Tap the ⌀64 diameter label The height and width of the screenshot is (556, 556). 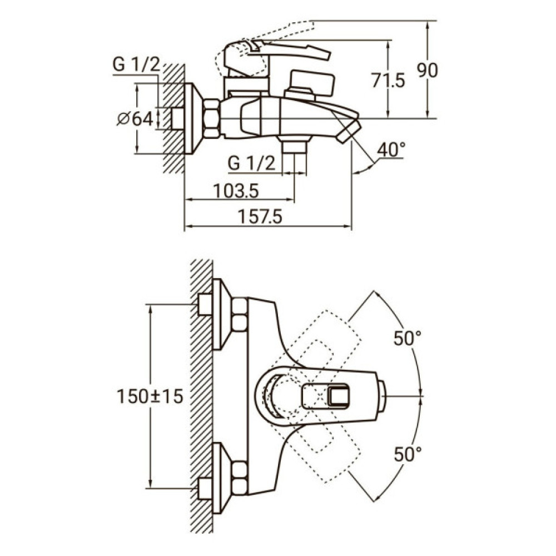point(135,118)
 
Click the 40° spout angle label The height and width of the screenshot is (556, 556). point(391,150)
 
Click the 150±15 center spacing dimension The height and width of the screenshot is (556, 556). point(150,396)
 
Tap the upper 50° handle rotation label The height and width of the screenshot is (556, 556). point(408,338)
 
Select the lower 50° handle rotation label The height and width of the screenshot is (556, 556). point(408,454)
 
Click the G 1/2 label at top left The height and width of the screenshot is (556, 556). point(136,65)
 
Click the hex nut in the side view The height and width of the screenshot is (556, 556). point(212,118)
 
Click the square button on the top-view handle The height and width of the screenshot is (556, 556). point(339,396)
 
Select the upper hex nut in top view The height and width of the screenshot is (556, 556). point(240,314)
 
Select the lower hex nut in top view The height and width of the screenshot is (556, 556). point(240,478)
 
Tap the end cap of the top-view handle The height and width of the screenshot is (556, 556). point(382,396)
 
